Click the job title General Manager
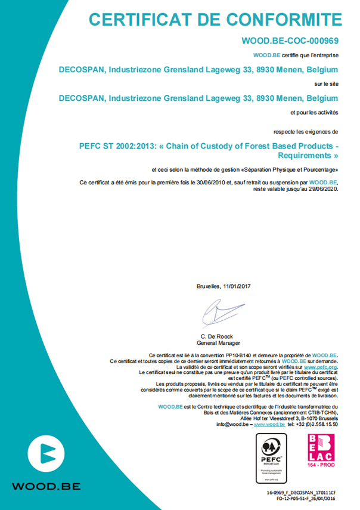pyautogui.click(x=219, y=344)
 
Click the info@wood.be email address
pyautogui.click(x=233, y=425)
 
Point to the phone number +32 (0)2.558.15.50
pyautogui.click(x=316, y=425)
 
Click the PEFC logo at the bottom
pyautogui.click(x=271, y=458)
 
